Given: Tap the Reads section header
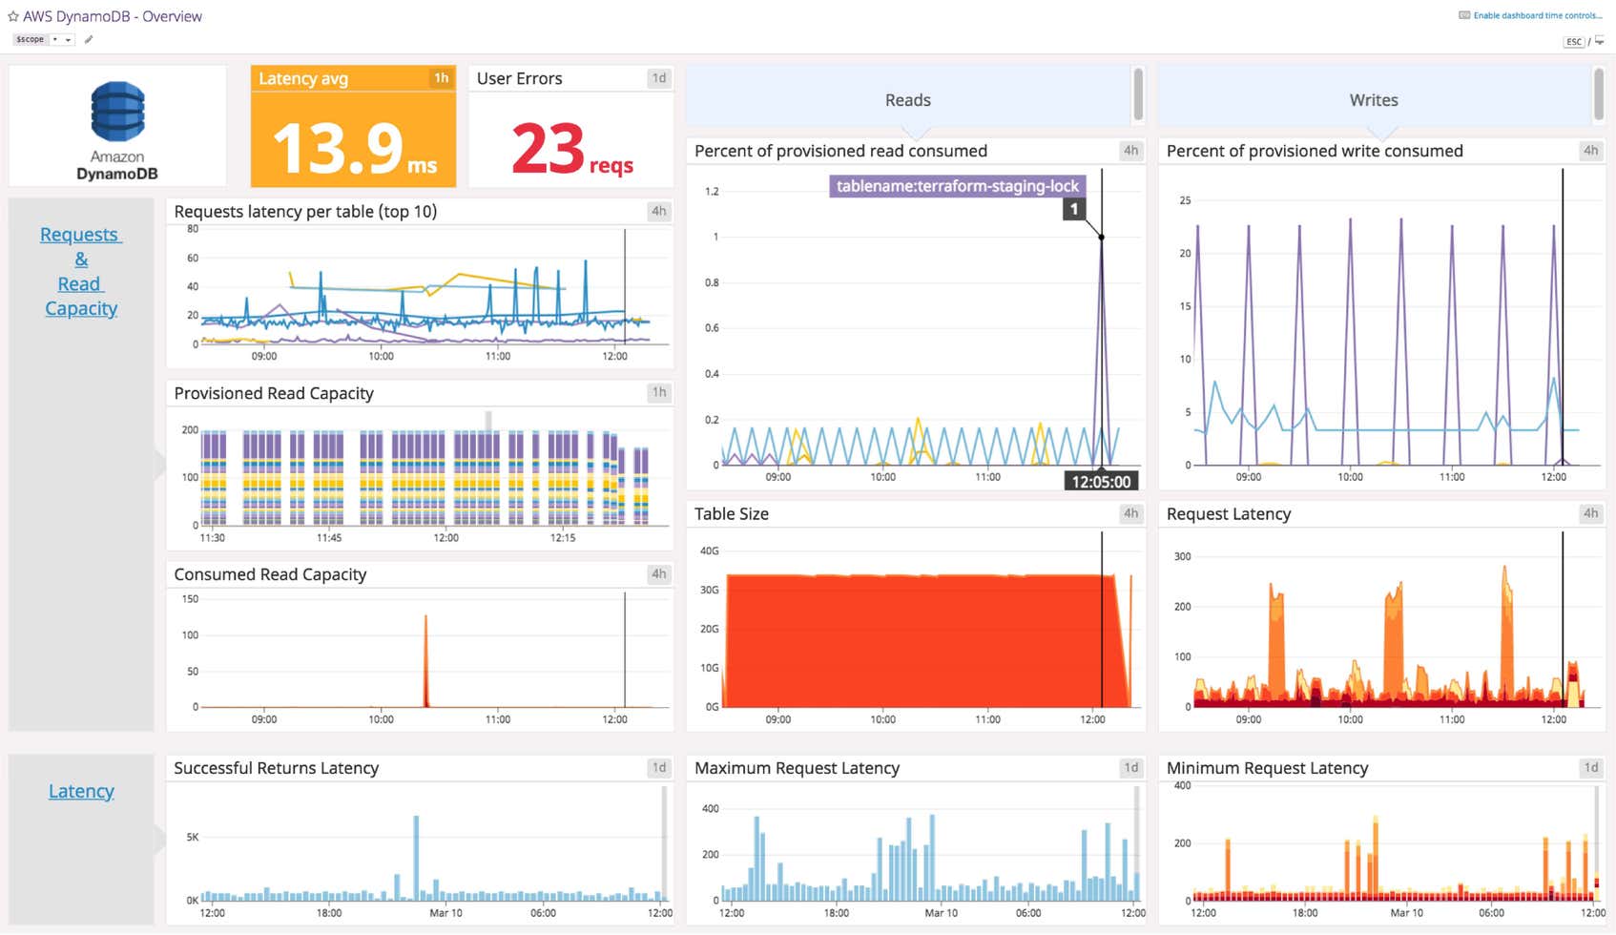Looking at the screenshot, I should pyautogui.click(x=907, y=100).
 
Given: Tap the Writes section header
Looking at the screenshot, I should pyautogui.click(x=1373, y=100).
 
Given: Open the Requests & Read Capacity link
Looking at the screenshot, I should pyautogui.click(x=81, y=271).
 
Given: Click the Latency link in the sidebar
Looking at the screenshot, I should pyautogui.click(x=81, y=791).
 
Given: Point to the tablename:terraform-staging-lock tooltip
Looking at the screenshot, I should pyautogui.click(x=957, y=186).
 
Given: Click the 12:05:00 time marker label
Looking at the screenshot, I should pyautogui.click(x=1100, y=482).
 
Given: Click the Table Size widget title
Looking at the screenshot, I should pyautogui.click(x=731, y=513).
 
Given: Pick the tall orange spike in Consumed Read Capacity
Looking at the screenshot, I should pyautogui.click(x=425, y=658).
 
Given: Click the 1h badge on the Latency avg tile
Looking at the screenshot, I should pyautogui.click(x=441, y=78).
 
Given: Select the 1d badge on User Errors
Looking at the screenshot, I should pyautogui.click(x=658, y=78).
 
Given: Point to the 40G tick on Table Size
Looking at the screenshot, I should pyautogui.click(x=709, y=551).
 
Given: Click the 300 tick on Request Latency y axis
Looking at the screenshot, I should pyautogui.click(x=1182, y=556).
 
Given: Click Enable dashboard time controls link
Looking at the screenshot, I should pyautogui.click(x=1537, y=15).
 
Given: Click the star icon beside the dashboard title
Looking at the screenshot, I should pyautogui.click(x=13, y=16).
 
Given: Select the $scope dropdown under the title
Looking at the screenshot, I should pyautogui.click(x=43, y=39).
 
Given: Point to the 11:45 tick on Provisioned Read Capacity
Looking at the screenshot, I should pyautogui.click(x=329, y=538).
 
